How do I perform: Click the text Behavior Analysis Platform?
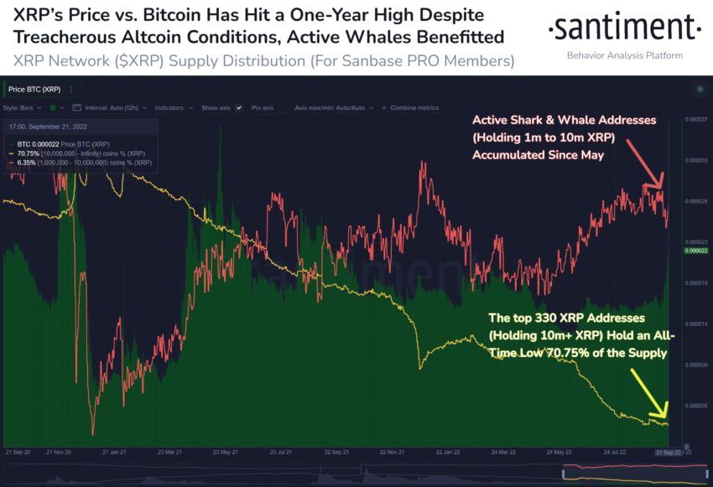pyautogui.click(x=625, y=55)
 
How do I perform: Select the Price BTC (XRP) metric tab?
pyautogui.click(x=34, y=89)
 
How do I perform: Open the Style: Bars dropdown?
pyautogui.click(x=23, y=108)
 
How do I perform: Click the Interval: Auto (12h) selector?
pyautogui.click(x=108, y=108)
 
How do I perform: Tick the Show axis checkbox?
pyautogui.click(x=239, y=108)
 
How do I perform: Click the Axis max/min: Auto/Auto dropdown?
pyautogui.click(x=334, y=108)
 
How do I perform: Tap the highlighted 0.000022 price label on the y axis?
pyautogui.click(x=696, y=251)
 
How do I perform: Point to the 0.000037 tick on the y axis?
pyautogui.click(x=696, y=120)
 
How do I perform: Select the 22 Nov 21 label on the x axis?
pyautogui.click(x=388, y=451)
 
